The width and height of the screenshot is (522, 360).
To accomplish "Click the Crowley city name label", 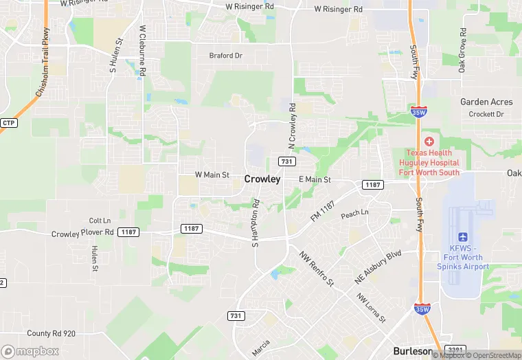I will pos(262,179).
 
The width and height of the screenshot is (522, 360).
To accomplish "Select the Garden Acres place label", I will pos(486,102).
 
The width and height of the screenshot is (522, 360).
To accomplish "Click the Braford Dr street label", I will pos(226,56).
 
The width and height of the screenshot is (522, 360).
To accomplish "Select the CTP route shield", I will pos(8,123).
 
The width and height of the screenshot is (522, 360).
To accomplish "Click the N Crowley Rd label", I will pos(292,126).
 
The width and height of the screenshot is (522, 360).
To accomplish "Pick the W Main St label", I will pos(212,175).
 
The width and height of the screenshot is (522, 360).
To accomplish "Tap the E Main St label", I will pos(315,179).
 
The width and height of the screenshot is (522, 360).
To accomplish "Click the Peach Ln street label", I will pos(355,214).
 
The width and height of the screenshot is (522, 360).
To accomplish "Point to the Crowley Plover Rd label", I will pos(82,234).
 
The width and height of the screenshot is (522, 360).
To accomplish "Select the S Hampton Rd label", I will pos(255,223).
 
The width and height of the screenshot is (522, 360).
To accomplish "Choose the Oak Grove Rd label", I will pos(462,50).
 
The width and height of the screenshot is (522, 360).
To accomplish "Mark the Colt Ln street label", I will pos(100,221).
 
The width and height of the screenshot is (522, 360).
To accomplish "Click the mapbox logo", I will pos(30,350).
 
